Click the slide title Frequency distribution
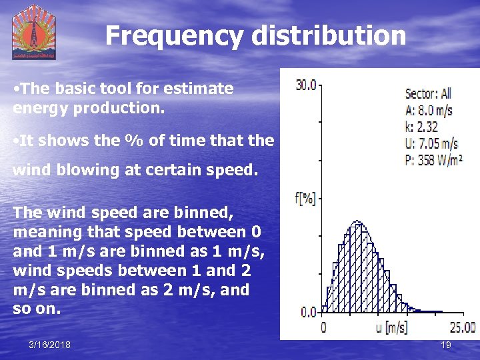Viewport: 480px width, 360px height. (x=255, y=35)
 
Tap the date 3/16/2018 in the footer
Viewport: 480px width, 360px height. (x=50, y=345)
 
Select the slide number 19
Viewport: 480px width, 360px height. (x=446, y=345)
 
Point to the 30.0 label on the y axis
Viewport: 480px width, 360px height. (x=306, y=85)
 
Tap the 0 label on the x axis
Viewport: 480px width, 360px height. (x=324, y=327)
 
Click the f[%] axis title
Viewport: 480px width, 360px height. (x=305, y=198)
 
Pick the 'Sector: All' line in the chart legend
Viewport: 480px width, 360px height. (x=428, y=94)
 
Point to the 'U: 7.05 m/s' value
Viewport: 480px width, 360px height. (x=431, y=143)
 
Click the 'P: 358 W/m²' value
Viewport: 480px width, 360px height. (x=434, y=159)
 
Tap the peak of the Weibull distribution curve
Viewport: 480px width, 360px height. (x=357, y=221)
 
